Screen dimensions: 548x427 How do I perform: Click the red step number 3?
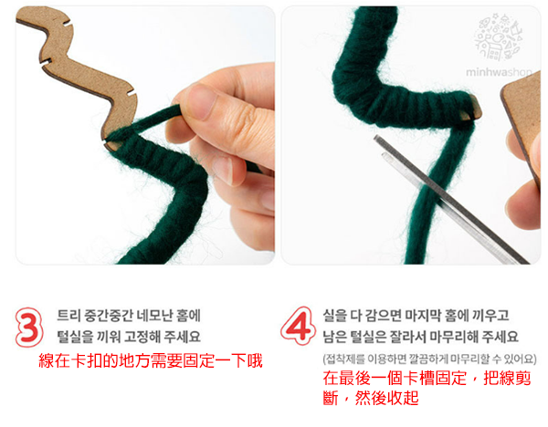pyautogui.click(x=29, y=328)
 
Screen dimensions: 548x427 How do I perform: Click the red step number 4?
pyautogui.click(x=298, y=326)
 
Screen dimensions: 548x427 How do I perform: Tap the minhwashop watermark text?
pyautogui.click(x=499, y=73)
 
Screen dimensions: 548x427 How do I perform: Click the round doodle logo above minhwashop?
pyautogui.click(x=498, y=37)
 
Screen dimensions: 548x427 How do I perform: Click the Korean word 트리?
pyautogui.click(x=68, y=316)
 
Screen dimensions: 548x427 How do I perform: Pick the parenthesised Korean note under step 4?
pyautogui.click(x=429, y=359)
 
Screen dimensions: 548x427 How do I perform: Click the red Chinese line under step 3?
pyautogui.click(x=151, y=360)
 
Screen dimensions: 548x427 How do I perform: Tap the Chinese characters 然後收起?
pyautogui.click(x=386, y=398)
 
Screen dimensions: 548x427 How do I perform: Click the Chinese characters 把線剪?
pyautogui.click(x=507, y=378)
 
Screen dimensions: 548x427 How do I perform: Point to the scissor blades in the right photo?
pyautogui.click(x=450, y=200)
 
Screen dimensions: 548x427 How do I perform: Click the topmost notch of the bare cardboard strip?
pyautogui.click(x=67, y=24)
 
